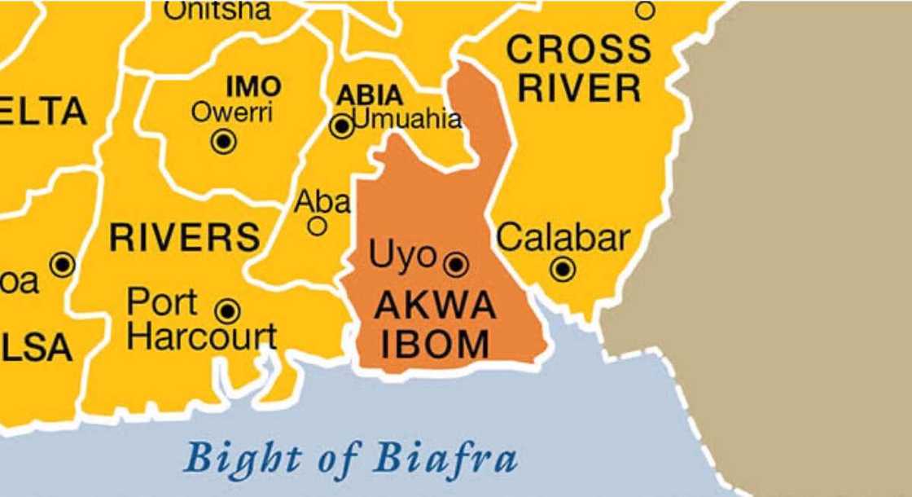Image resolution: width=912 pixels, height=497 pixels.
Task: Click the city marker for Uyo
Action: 457,264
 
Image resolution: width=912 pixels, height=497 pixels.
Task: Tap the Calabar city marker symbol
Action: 563,269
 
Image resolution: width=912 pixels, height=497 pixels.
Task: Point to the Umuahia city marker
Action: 342,125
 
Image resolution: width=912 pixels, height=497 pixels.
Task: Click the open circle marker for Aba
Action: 318,226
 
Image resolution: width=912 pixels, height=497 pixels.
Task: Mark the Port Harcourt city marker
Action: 229,310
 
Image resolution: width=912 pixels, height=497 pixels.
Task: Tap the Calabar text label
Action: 563,237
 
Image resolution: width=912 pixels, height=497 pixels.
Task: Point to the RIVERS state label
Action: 185,238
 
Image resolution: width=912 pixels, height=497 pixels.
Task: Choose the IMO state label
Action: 254,87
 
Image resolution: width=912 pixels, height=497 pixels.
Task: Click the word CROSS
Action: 579,51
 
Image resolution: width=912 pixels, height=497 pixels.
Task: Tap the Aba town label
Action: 322,201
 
